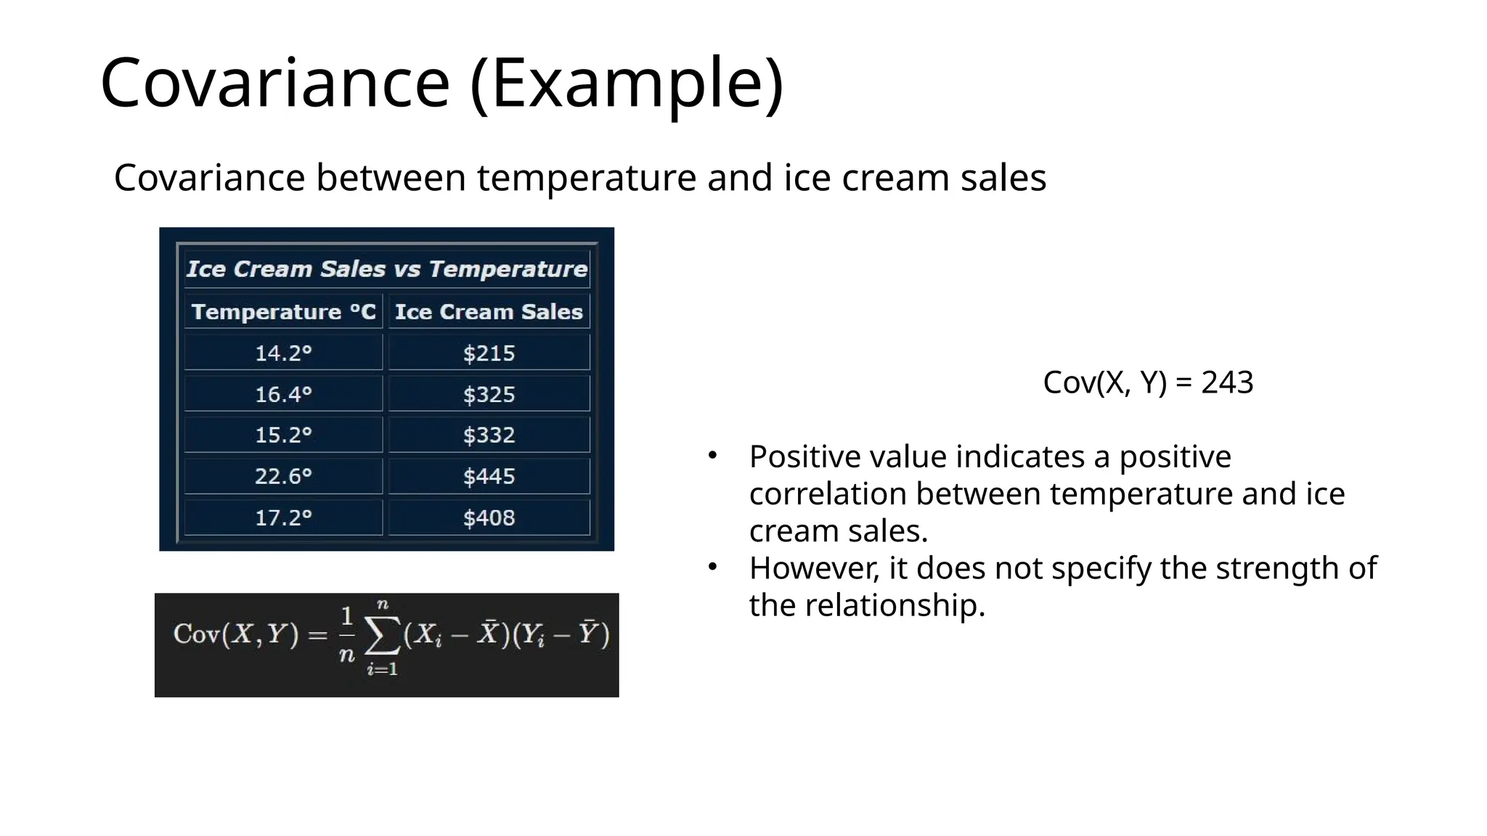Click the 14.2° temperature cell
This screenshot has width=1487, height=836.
tap(283, 353)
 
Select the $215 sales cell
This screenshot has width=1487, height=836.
tap(489, 353)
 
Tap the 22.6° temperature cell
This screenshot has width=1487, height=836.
tap(283, 477)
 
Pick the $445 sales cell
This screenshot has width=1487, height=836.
tap(489, 477)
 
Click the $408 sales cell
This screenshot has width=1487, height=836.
tap(489, 518)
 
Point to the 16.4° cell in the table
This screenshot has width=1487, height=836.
tap(283, 395)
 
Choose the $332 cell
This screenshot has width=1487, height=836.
tap(489, 435)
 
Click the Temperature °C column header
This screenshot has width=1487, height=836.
tap(283, 312)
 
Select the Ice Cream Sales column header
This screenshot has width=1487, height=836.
tap(489, 312)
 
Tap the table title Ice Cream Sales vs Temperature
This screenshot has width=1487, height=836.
tap(386, 269)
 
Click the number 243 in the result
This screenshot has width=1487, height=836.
tap(1227, 382)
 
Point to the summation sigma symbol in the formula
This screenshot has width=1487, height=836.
tap(382, 636)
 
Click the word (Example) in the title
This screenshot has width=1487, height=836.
tap(627, 83)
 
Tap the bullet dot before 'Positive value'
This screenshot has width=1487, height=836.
tap(713, 456)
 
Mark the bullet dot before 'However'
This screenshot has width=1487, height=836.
tap(713, 567)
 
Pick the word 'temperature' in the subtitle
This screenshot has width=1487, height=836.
tap(587, 178)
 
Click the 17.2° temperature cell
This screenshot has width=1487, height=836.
tap(283, 518)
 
